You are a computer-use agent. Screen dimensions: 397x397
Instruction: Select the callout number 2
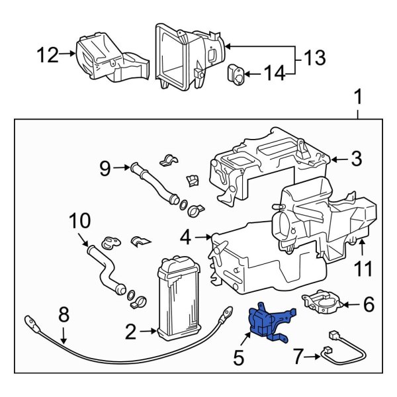tap(131, 330)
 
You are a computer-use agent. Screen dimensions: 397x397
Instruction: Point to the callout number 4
tap(186, 235)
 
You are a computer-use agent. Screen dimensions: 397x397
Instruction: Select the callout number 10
tap(77, 220)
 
